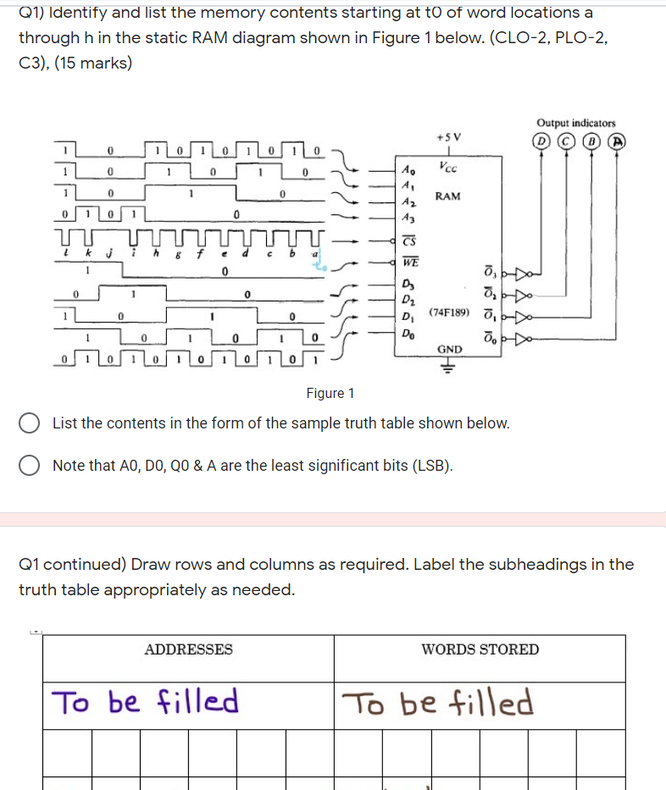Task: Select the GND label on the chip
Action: click(449, 349)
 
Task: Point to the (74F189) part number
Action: click(449, 312)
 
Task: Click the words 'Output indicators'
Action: click(576, 123)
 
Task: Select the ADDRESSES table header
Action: click(188, 649)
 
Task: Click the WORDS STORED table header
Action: click(480, 649)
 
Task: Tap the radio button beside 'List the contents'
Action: click(31, 423)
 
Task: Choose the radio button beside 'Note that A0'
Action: click(31, 466)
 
